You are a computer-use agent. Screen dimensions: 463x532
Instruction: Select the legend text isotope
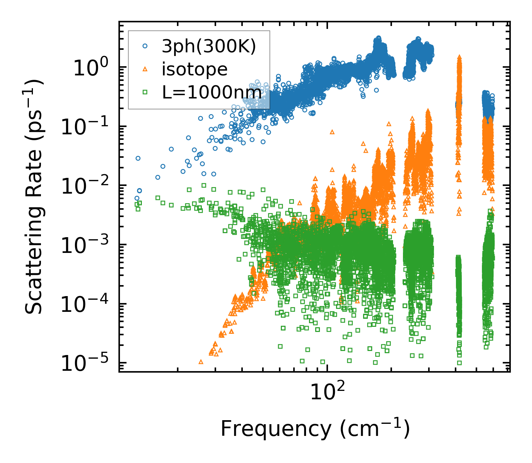195,69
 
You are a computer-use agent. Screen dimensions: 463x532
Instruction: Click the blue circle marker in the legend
145,46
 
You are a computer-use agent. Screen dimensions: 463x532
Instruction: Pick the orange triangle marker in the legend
145,69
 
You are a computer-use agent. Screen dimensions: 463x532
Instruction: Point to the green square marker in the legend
145,92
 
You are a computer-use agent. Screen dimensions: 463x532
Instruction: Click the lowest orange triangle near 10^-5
201,362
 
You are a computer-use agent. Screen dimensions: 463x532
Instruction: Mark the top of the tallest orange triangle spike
459,57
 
